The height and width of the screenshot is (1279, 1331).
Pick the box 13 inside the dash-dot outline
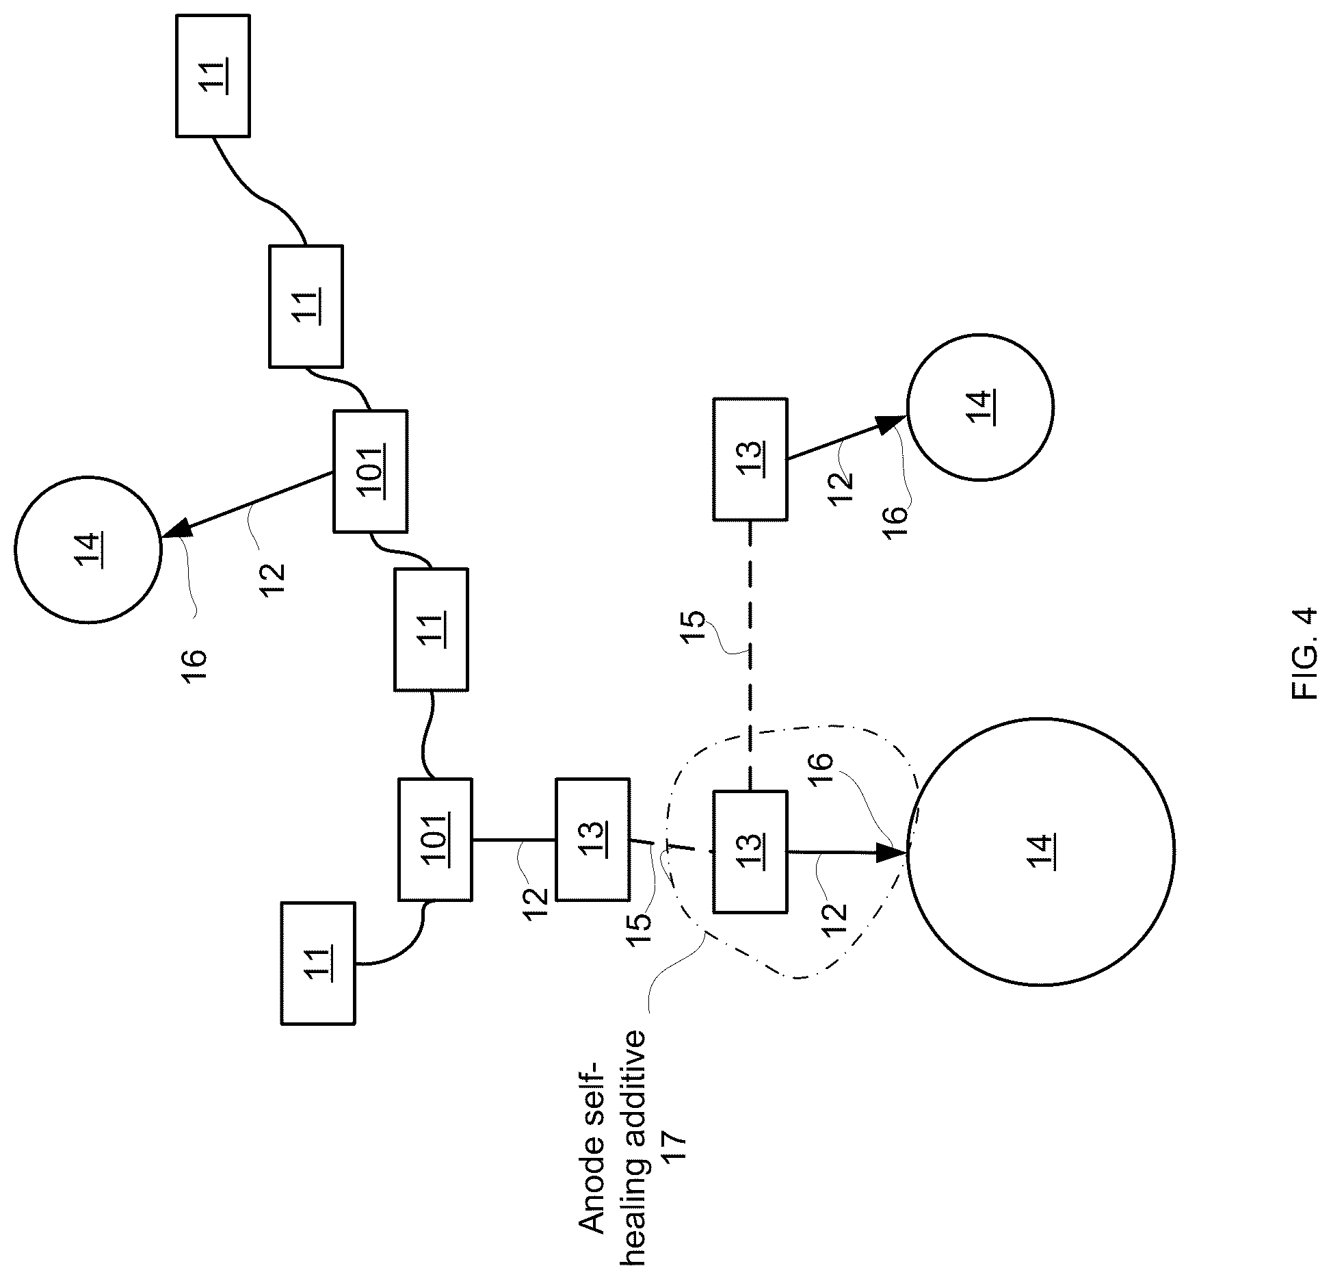click(x=750, y=852)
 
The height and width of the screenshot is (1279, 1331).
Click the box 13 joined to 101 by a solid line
click(x=593, y=839)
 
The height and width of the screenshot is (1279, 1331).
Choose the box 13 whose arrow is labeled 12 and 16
click(x=750, y=459)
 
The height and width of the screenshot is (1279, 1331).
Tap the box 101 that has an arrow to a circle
click(x=370, y=471)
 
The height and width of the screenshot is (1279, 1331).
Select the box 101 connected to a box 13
click(x=435, y=839)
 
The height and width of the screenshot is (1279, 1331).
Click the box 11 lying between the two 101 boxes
click(x=431, y=630)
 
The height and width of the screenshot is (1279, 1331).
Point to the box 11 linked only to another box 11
click(x=213, y=75)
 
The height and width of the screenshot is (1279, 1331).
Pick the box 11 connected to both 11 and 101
click(x=306, y=307)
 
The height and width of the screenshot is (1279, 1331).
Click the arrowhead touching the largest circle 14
click(x=892, y=853)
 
